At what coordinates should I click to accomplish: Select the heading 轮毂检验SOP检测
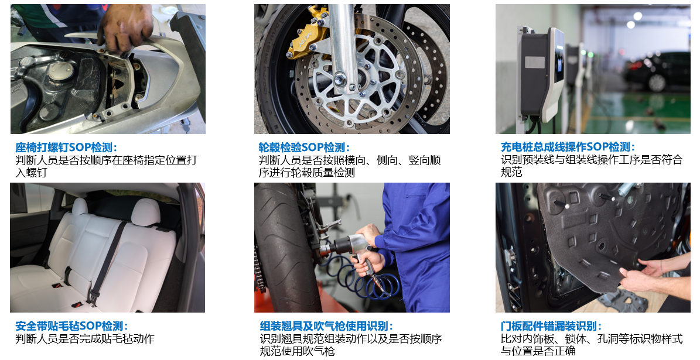303,147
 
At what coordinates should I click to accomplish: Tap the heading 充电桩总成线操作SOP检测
567,147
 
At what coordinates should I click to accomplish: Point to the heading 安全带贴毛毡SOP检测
71,326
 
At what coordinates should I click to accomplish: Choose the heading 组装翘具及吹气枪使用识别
326,326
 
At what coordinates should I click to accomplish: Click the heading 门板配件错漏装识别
551,326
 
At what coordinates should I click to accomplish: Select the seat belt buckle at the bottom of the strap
94,297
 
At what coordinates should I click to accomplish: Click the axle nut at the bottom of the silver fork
340,80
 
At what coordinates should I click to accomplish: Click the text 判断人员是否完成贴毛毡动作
85,338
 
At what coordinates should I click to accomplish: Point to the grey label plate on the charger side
534,62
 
